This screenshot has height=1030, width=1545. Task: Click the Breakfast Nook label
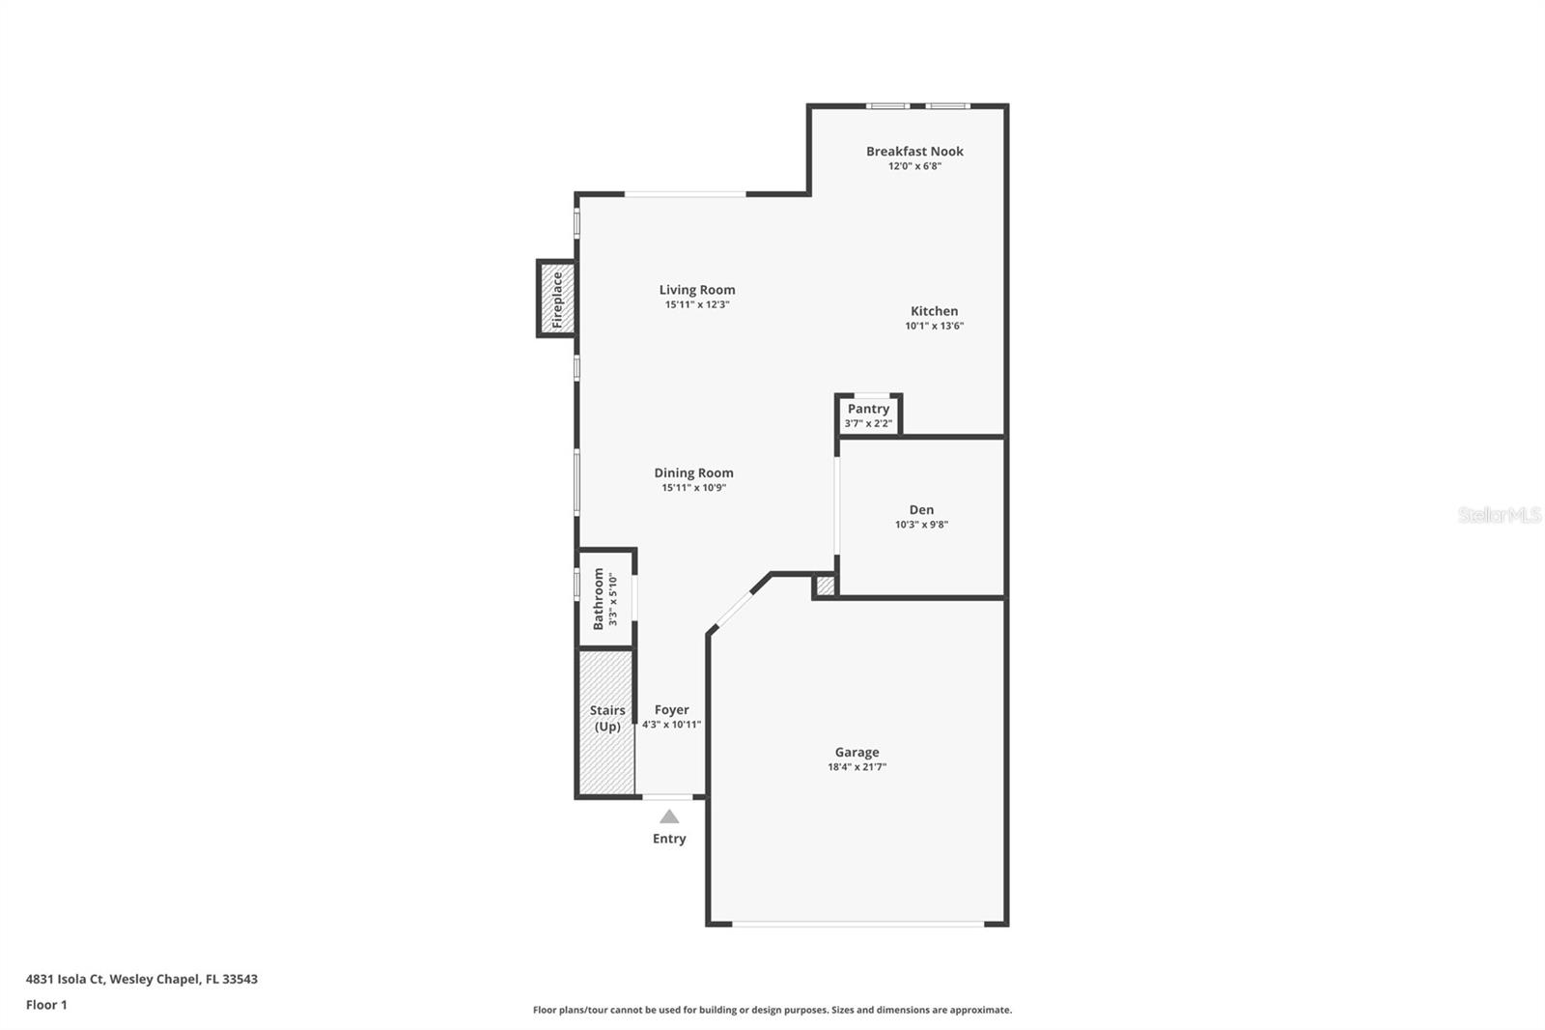coord(914,151)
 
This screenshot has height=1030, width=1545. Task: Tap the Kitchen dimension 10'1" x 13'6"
coord(934,327)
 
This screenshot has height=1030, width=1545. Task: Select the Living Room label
coord(697,290)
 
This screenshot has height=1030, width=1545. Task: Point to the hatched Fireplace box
coord(557,299)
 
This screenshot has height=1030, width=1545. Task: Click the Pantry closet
coord(868,415)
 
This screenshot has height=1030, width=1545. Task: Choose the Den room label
coord(921,510)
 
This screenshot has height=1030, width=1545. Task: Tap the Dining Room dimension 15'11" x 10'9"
coord(693,488)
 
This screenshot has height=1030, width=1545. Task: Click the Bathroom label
coord(599,599)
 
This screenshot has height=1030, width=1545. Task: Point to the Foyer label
coord(671,709)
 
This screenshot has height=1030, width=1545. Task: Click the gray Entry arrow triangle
coord(669,816)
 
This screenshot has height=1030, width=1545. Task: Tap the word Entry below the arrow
coord(669,839)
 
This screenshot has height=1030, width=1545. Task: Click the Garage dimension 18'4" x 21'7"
coord(857,767)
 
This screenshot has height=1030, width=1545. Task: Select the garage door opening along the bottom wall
coord(857,924)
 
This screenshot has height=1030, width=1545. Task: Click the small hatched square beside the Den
coord(826,586)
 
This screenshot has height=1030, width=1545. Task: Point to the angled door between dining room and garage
coord(736,609)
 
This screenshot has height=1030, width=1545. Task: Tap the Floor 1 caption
coord(46,1005)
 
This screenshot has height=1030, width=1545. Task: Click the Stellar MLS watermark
coord(1499,515)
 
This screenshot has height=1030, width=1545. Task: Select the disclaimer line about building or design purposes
coord(772,1010)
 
